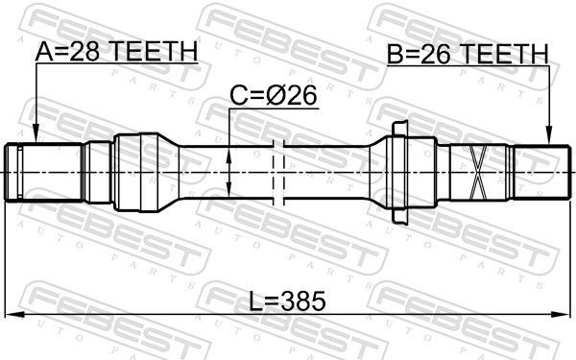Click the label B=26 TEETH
coord(468,55)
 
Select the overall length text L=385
coord(287,301)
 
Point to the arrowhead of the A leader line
coord(35,137)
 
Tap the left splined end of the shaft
coord(24,172)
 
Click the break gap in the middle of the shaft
coord(280,172)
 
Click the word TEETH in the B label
coord(503,55)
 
